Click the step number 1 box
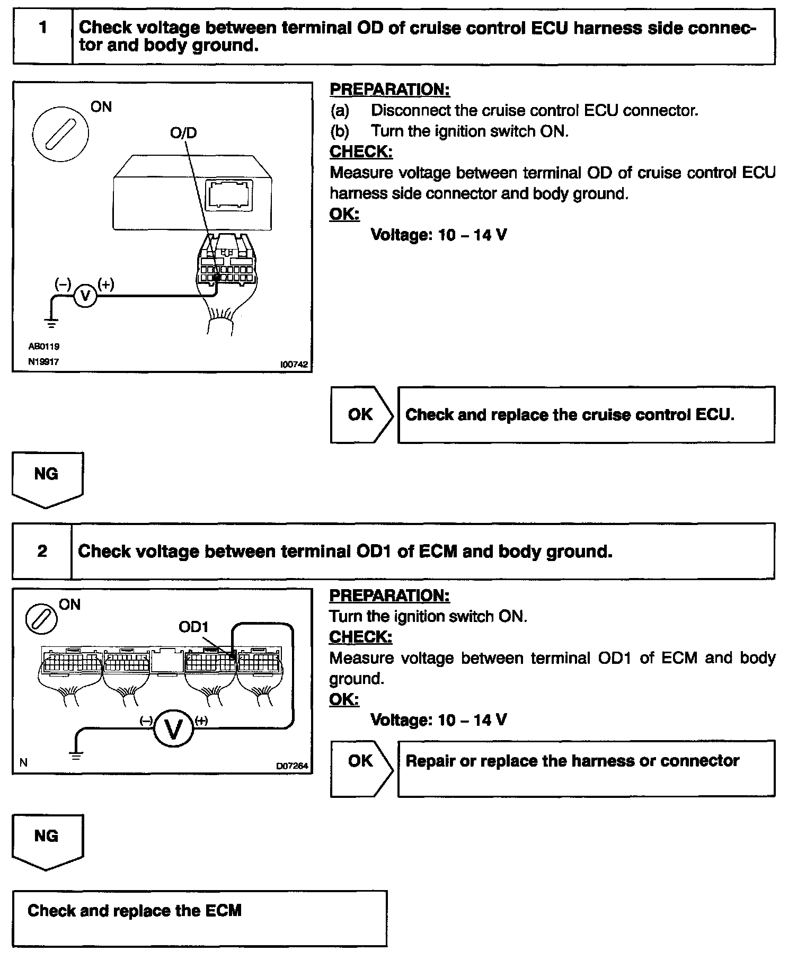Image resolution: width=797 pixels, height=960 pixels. [42, 35]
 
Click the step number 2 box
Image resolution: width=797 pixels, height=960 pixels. [42, 552]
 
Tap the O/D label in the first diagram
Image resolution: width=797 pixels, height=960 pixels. [183, 132]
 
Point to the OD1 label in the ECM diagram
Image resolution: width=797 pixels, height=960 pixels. [193, 627]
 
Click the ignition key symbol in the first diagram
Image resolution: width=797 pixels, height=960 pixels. [60, 132]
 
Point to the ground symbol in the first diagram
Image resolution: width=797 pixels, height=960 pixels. [51, 323]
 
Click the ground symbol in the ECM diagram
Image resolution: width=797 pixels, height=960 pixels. [77, 756]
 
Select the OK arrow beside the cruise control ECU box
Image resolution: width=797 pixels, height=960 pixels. [362, 414]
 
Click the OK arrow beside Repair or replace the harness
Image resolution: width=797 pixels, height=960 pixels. [362, 768]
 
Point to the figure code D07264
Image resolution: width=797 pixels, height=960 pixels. [292, 766]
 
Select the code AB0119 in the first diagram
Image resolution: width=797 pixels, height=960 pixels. [43, 346]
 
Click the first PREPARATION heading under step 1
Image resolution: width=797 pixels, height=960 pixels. [389, 90]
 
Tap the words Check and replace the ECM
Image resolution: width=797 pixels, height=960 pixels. [135, 911]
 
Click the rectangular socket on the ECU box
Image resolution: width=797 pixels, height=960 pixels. [230, 194]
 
